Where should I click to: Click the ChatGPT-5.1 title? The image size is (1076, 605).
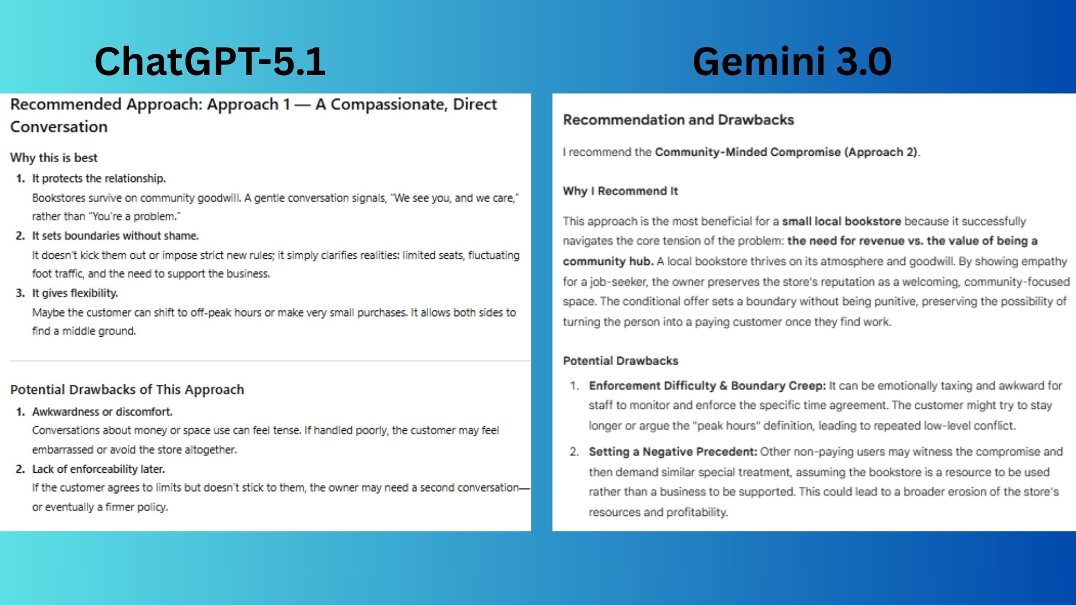tap(210, 61)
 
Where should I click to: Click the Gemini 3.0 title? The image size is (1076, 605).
tap(791, 61)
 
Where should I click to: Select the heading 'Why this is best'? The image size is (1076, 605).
tap(54, 157)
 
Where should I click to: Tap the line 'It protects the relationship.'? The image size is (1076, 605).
tap(99, 178)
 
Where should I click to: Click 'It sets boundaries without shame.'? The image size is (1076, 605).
tap(115, 235)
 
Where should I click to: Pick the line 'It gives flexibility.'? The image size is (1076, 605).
tap(75, 292)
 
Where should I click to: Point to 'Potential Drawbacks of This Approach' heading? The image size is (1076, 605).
tap(127, 389)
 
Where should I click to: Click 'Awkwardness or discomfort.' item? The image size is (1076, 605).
tap(102, 411)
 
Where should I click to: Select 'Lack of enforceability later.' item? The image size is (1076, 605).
tap(98, 469)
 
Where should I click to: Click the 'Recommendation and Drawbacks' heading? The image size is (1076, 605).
tap(678, 119)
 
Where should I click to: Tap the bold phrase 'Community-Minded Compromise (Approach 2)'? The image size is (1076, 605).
tap(786, 152)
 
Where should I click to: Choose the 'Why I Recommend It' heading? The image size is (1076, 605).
tap(620, 190)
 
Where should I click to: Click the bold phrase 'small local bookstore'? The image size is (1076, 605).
tap(841, 221)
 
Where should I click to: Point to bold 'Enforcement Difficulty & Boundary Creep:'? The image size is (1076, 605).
tap(707, 385)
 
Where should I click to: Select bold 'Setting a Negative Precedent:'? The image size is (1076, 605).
tap(672, 452)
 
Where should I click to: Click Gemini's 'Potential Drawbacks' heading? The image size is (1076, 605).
tap(620, 361)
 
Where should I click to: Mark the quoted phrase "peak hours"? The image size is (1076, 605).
tap(726, 426)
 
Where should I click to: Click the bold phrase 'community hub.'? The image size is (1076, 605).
tap(608, 261)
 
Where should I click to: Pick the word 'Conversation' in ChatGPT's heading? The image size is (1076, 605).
tap(59, 127)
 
